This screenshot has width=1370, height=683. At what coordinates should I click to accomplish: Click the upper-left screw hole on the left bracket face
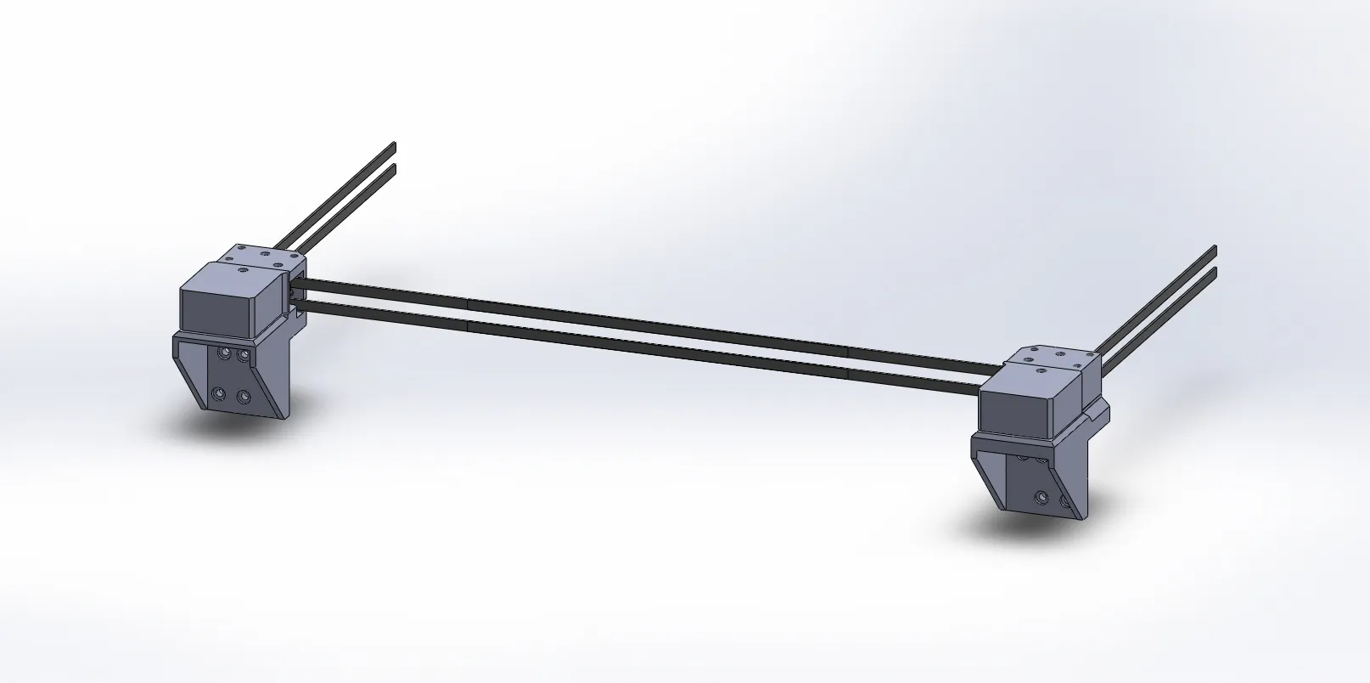pos(225,353)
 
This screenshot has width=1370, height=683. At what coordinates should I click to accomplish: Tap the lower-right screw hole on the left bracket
pos(244,396)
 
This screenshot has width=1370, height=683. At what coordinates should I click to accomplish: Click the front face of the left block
pos(216,309)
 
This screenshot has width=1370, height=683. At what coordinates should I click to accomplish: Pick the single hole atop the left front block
pos(243,270)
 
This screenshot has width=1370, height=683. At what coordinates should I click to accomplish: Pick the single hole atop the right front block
pos(1041,370)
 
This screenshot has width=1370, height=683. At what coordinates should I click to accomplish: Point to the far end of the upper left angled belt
pos(394,145)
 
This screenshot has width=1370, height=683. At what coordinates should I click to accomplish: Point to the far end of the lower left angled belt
pos(394,167)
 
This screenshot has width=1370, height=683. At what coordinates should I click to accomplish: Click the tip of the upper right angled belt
pos(1215,249)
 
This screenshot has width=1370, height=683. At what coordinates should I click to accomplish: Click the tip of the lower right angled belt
pos(1215,271)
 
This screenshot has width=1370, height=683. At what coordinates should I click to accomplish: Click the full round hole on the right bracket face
pos(1042,498)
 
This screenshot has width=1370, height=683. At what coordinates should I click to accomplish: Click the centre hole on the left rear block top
pos(265,254)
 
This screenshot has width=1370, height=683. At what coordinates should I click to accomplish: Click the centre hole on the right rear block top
pos(1060,353)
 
